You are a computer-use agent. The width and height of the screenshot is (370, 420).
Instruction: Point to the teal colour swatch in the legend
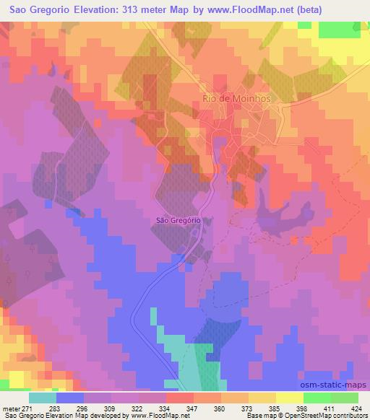click(43, 397)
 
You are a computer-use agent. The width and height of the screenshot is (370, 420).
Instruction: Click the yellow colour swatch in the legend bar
click(290, 397)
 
